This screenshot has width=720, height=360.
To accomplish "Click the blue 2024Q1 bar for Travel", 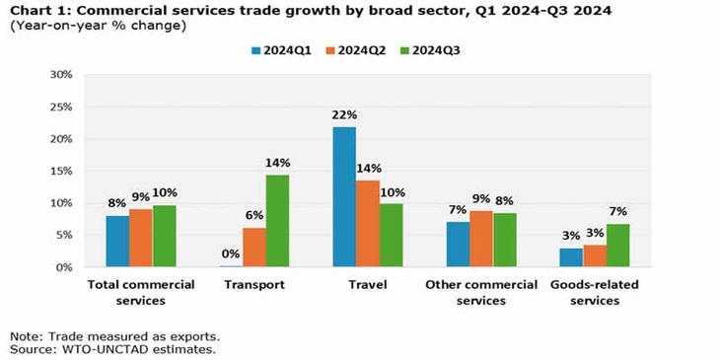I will click(x=344, y=197).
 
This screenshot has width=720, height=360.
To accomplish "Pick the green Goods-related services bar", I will click(x=617, y=246).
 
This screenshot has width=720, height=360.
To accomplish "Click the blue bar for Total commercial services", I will click(x=117, y=241).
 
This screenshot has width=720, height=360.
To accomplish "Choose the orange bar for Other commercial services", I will click(x=481, y=239).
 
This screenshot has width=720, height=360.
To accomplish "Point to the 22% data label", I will click(x=344, y=115).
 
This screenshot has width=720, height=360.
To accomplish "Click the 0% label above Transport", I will click(x=231, y=253).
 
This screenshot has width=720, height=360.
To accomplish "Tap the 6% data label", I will click(x=254, y=216).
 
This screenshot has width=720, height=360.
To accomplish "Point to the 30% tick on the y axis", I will click(x=61, y=75).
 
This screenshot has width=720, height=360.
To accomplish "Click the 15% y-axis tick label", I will click(x=61, y=172).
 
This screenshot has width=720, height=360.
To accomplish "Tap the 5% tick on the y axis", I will click(x=64, y=236).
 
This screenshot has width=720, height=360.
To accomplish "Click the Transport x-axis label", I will click(x=254, y=285).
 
